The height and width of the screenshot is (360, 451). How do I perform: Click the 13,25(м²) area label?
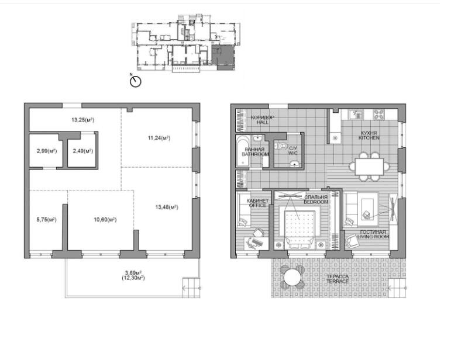click(83, 120)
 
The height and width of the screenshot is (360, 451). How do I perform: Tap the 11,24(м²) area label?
click(159, 138)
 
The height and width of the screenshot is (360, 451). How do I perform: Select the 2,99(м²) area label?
click(47, 151)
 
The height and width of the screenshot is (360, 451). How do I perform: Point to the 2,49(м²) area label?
click(83, 151)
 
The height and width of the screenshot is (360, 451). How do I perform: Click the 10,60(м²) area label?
click(105, 220)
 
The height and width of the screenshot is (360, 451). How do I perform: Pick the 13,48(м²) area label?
click(167, 207)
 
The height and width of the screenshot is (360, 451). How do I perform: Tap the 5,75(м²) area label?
click(46, 220)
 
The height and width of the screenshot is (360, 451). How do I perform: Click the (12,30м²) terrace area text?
click(133, 278)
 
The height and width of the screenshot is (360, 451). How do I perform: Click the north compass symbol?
click(135, 81)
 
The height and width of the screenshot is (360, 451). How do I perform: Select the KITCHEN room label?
click(369, 138)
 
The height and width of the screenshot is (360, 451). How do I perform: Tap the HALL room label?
click(263, 122)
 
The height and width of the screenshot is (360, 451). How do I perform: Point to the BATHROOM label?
click(255, 154)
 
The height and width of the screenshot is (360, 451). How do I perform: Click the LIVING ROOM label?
click(373, 237)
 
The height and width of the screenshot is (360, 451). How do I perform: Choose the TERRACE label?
click(338, 281)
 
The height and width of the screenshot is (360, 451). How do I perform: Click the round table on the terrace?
click(292, 277)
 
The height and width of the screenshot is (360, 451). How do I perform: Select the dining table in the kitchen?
click(369, 167)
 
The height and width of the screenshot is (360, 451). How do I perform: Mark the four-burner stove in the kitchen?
click(379, 115)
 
